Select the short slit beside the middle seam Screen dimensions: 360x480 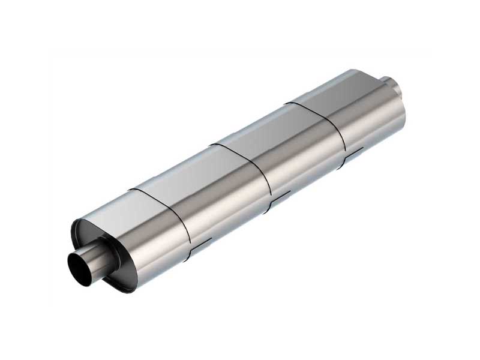(x=280, y=196)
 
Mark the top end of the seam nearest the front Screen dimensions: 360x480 (x=131, y=190)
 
